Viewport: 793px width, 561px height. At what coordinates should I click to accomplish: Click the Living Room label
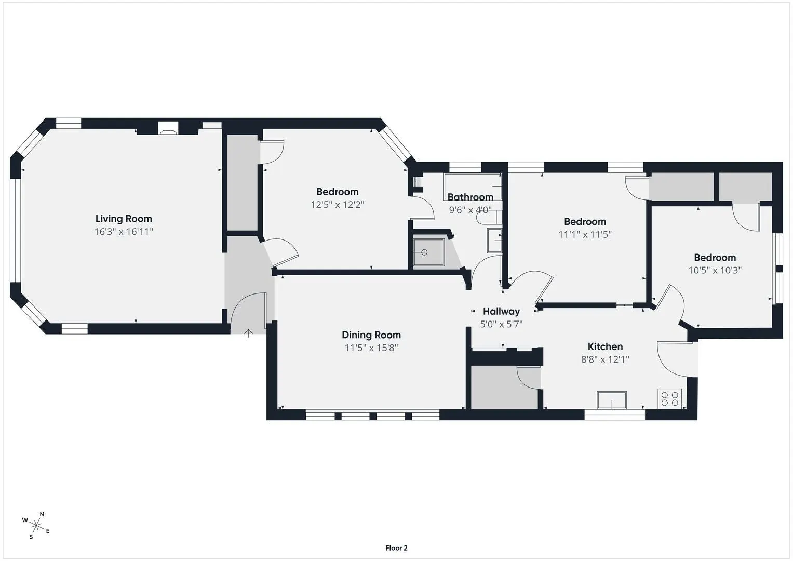[124, 219]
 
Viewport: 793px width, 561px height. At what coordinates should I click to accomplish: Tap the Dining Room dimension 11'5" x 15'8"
[371, 348]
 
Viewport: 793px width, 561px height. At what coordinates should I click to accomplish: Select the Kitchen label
[605, 346]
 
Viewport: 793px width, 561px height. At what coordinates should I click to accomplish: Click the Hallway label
[501, 311]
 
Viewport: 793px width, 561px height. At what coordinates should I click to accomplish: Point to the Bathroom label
[471, 197]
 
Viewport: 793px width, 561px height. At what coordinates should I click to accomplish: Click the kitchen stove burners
[670, 398]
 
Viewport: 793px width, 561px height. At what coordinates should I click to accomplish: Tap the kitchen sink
[612, 400]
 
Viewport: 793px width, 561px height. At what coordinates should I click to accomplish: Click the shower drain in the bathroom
[424, 252]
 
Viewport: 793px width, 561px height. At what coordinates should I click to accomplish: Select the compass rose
[36, 526]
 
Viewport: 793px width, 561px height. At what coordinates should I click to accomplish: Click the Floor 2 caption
[396, 548]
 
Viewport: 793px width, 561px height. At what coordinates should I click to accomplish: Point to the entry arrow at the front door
[249, 333]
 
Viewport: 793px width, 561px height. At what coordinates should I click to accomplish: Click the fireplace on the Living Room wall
[168, 128]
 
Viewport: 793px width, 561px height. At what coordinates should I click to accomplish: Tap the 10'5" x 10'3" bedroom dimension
[715, 270]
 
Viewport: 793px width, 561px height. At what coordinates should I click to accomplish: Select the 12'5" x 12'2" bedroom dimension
[338, 205]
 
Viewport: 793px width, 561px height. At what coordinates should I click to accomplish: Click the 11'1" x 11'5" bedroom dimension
[585, 234]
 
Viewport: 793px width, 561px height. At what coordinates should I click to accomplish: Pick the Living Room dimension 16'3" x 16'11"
[124, 232]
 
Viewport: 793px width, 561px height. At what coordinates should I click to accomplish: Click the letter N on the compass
[42, 514]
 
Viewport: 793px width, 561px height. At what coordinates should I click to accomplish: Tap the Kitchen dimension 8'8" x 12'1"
[605, 359]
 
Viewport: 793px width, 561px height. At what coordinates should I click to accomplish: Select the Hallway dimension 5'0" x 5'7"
[501, 324]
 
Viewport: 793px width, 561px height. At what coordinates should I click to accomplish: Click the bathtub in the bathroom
[473, 186]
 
